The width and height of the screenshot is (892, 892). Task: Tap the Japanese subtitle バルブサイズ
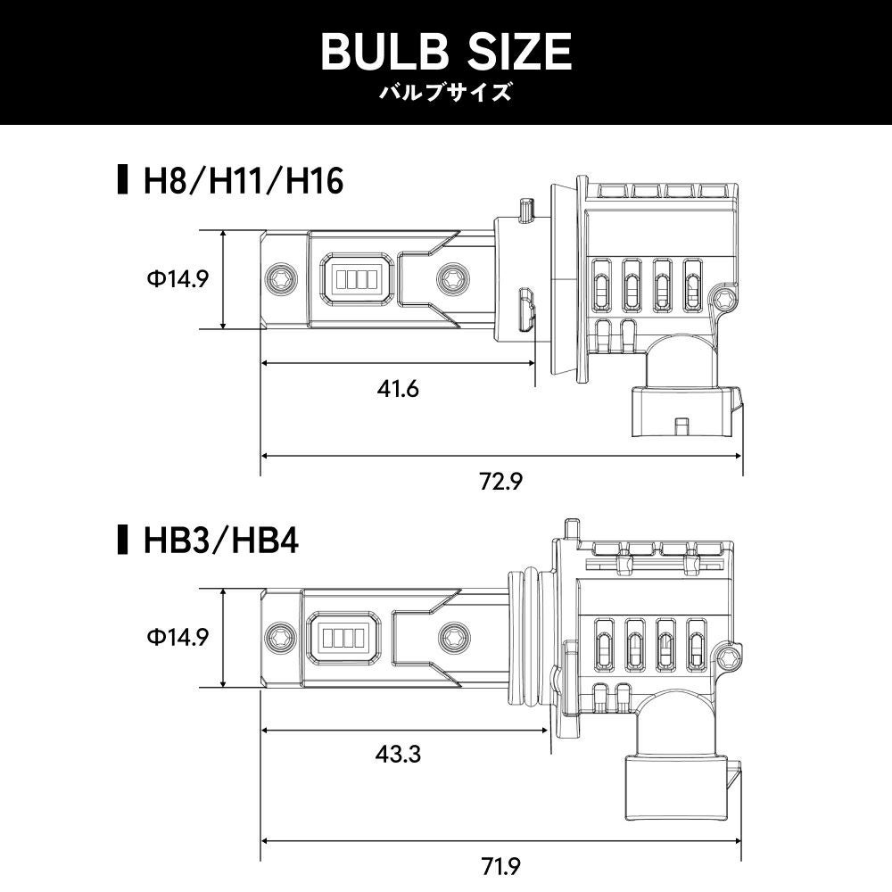click(445, 92)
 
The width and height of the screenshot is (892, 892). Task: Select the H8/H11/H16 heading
click(244, 181)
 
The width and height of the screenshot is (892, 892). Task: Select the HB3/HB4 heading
click(220, 540)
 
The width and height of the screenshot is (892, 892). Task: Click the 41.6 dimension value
click(398, 389)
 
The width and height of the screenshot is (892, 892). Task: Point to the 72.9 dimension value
click(500, 482)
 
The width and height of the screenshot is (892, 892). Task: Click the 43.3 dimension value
click(398, 755)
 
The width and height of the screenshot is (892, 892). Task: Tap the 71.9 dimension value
click(500, 867)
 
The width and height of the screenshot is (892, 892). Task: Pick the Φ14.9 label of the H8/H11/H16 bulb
click(178, 278)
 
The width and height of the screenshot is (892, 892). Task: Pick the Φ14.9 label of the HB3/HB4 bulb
click(178, 637)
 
